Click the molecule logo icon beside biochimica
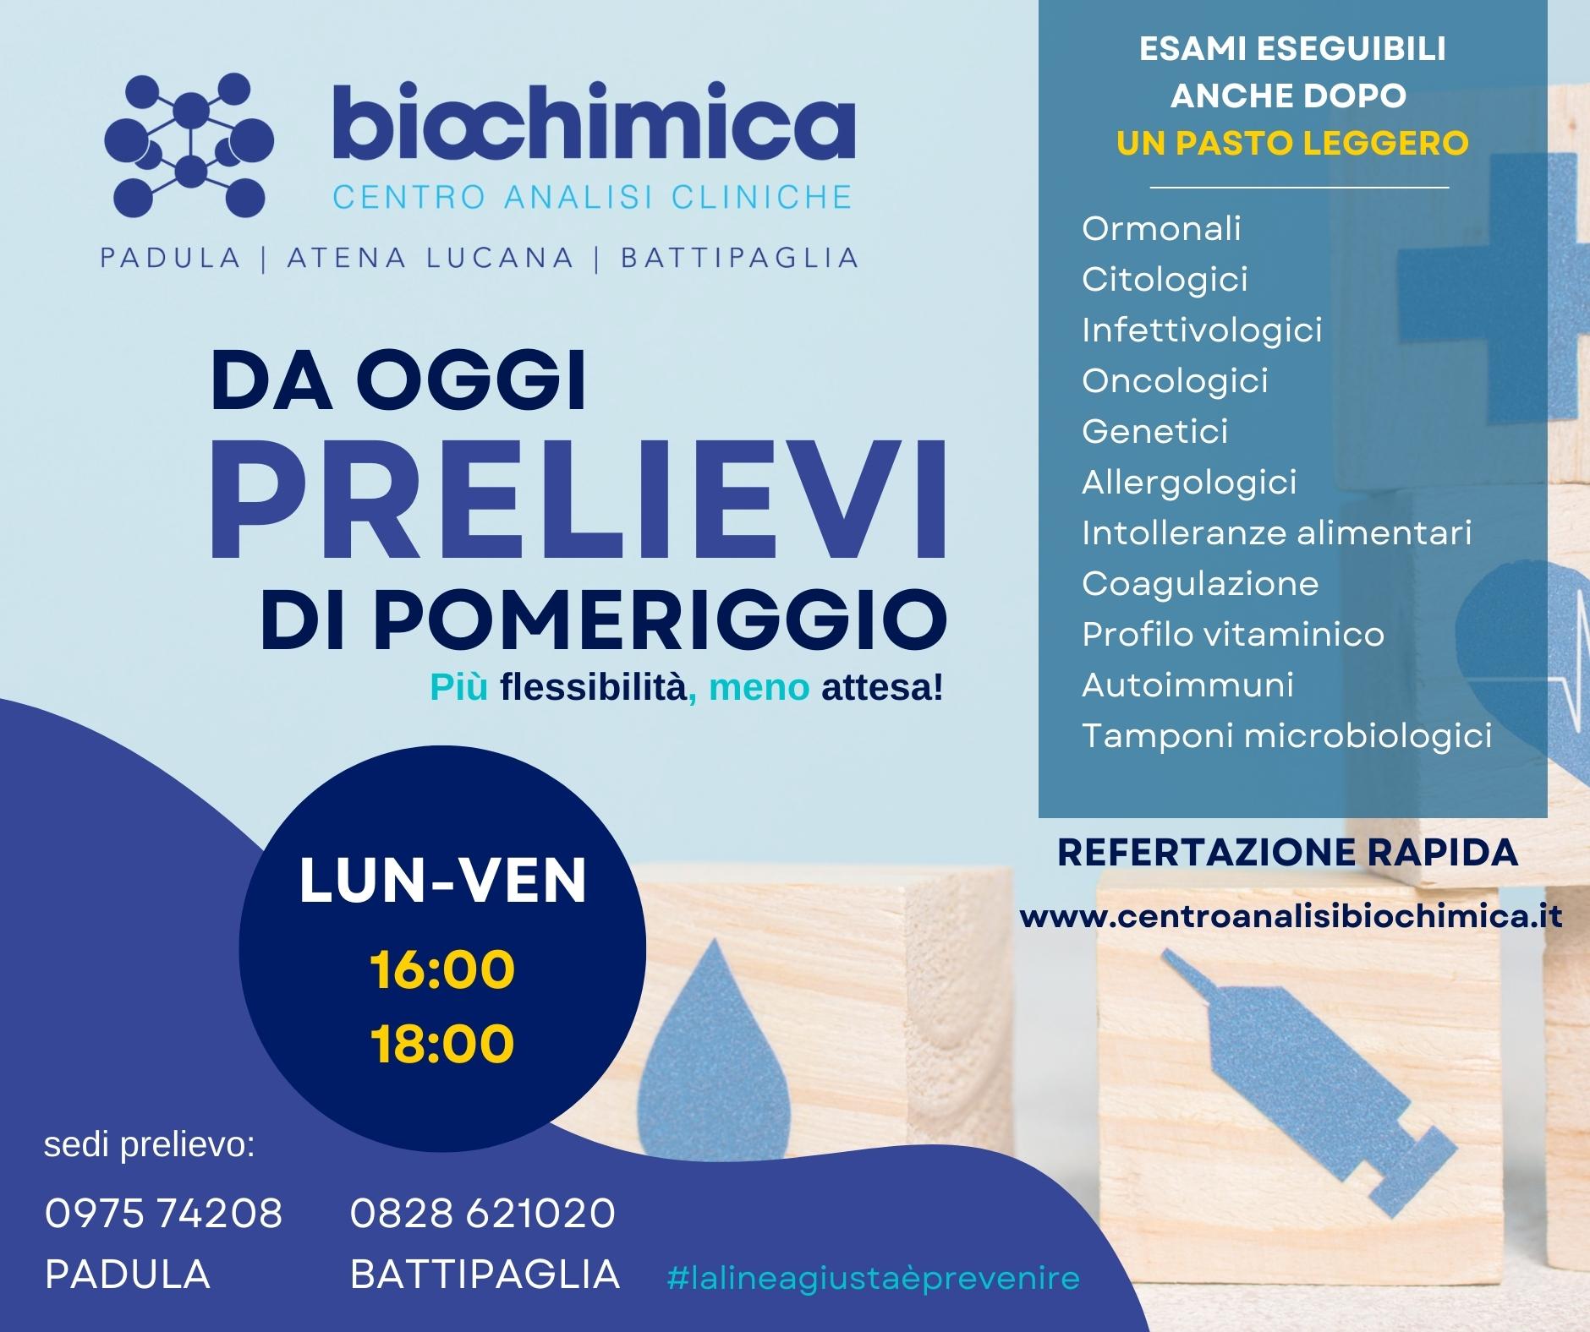click(x=189, y=144)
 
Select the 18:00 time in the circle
click(x=442, y=1043)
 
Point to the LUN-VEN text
click(x=443, y=882)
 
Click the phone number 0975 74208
click(x=163, y=1214)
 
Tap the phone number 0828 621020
click(x=483, y=1214)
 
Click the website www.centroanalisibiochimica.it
click(x=1291, y=917)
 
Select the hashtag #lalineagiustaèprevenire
click(x=873, y=1277)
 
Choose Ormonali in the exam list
click(x=1161, y=228)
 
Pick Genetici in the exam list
click(x=1154, y=431)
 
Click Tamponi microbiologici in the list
click(x=1286, y=735)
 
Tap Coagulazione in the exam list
click(x=1200, y=583)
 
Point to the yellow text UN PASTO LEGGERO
click(x=1292, y=143)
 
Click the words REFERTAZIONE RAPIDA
click(x=1288, y=853)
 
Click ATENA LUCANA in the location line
click(x=430, y=257)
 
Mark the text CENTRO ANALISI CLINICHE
click(x=592, y=196)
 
